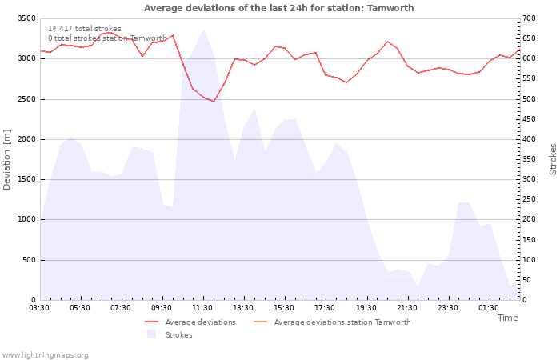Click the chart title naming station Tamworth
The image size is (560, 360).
pos(279,8)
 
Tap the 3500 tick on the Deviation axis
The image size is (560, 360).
pos(26,18)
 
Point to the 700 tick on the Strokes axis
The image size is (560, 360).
pos(529,18)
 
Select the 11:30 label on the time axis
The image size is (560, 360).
pos(202,308)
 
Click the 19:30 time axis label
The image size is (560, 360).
pos(366,308)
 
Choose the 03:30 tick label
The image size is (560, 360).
pos(39,308)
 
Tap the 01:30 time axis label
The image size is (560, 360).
pos(489,308)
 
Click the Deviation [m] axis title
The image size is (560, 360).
pos(6,160)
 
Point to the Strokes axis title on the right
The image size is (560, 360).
pos(553,159)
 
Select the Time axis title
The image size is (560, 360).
pos(507,318)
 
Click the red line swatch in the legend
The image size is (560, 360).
pos(151,322)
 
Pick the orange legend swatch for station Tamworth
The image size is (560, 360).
pos(260,322)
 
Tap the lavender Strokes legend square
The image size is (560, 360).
pos(151,334)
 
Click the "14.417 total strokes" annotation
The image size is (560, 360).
pos(85,29)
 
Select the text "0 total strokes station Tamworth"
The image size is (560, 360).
pos(107,38)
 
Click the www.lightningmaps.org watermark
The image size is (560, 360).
pos(45,355)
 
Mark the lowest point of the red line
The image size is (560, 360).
pos(214,102)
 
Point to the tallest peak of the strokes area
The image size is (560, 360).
pos(203,29)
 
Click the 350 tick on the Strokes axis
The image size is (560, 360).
pos(529,159)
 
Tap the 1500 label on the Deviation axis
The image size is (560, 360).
pos(26,179)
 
